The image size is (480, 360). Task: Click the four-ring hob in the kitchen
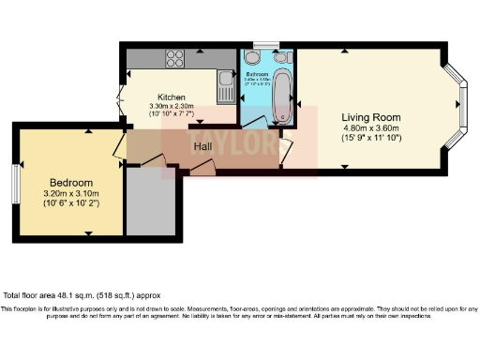coord(175,58)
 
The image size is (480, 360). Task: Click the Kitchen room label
coord(171,97)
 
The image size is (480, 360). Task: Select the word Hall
coord(202,146)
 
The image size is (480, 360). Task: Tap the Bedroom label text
coord(71,182)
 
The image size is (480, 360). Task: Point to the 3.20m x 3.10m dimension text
coord(71,193)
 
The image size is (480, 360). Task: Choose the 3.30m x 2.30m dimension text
coord(171,107)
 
